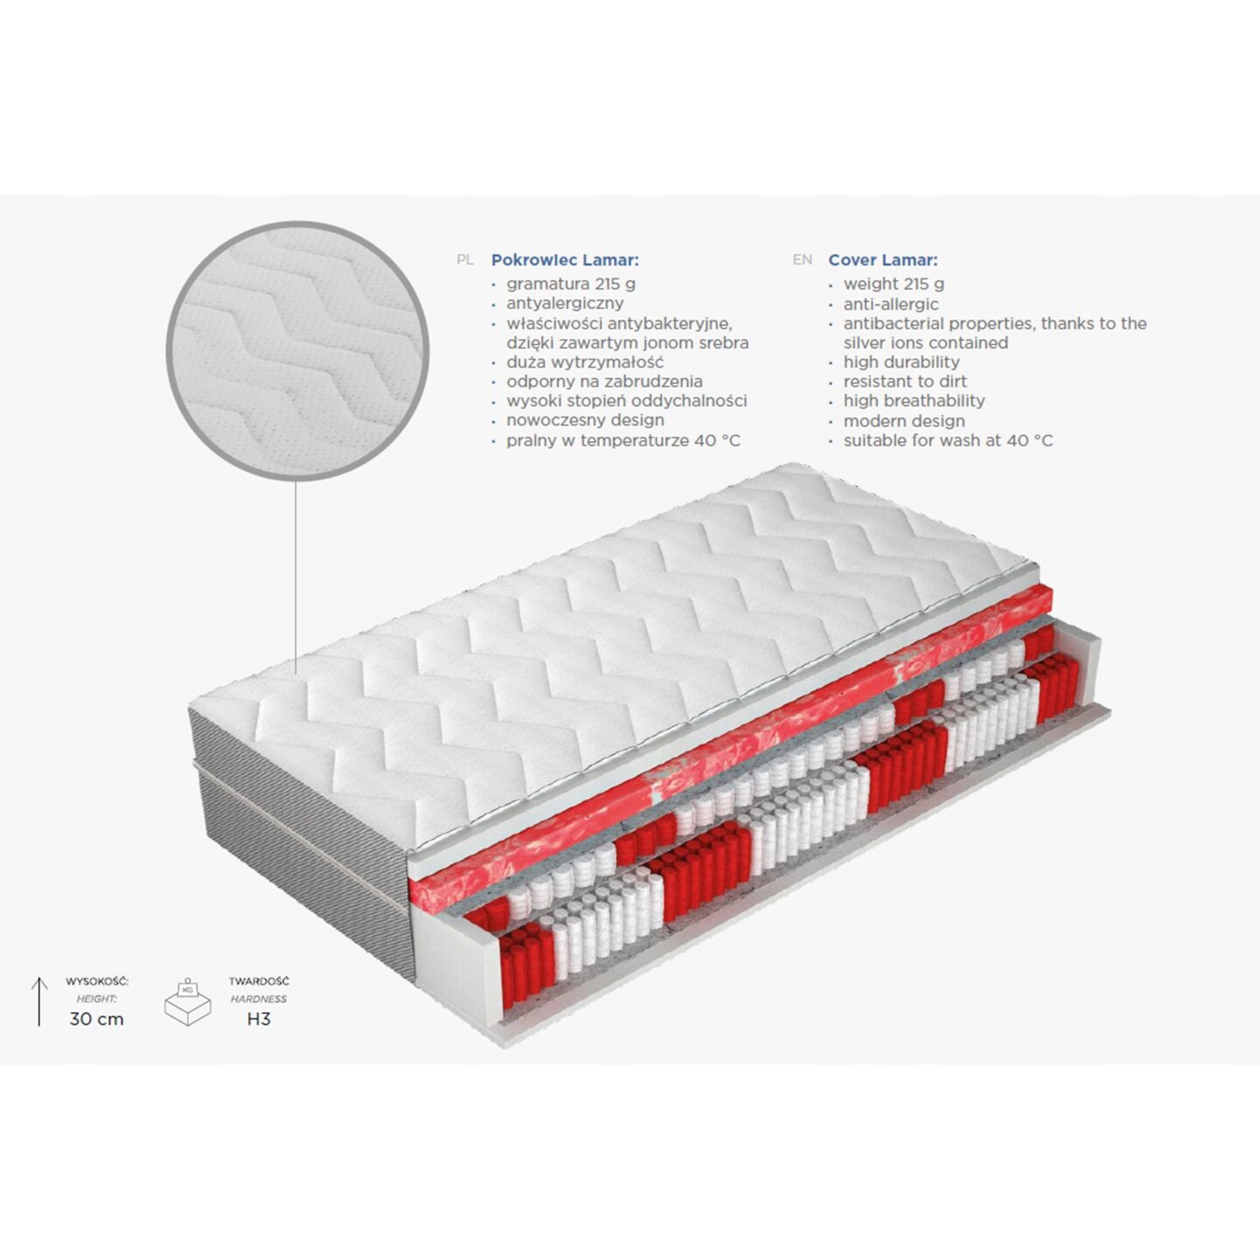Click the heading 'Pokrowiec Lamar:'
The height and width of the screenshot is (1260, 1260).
pyautogui.click(x=565, y=260)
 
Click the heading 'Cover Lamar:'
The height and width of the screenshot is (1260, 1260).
pyautogui.click(x=883, y=260)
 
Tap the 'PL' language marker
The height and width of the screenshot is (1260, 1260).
pyautogui.click(x=465, y=260)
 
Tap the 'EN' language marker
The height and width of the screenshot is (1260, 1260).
pyautogui.click(x=802, y=260)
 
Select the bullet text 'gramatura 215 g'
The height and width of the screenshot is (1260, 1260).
pyautogui.click(x=570, y=283)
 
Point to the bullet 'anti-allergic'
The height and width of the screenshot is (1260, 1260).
pyautogui.click(x=891, y=304)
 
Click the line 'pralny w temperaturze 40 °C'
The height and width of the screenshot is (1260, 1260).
pyautogui.click(x=623, y=441)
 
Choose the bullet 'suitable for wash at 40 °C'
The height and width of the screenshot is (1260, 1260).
pyautogui.click(x=948, y=441)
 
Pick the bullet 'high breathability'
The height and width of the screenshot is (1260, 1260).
pyautogui.click(x=914, y=401)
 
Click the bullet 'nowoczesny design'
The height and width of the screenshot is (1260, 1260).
pyautogui.click(x=585, y=420)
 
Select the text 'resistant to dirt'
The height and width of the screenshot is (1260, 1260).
pyautogui.click(x=905, y=381)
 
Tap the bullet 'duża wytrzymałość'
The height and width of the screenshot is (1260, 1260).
pyautogui.click(x=584, y=362)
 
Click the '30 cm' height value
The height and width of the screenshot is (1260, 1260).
pyautogui.click(x=97, y=1018)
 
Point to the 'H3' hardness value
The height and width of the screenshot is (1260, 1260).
pyautogui.click(x=259, y=1018)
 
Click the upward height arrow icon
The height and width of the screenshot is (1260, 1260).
pyautogui.click(x=39, y=1001)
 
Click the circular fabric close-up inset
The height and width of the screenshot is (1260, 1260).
pyautogui.click(x=297, y=351)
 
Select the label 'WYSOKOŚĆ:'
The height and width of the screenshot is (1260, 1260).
pyautogui.click(x=97, y=982)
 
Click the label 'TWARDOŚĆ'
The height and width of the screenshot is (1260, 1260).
pyautogui.click(x=259, y=982)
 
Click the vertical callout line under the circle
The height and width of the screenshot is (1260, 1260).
pyautogui.click(x=296, y=577)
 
